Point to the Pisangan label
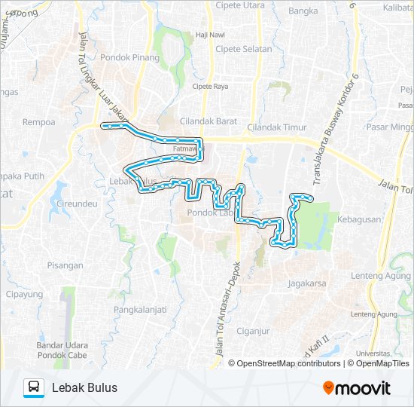(x=65, y=265)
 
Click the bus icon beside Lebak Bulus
(x=34, y=387)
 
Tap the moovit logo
(x=357, y=388)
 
